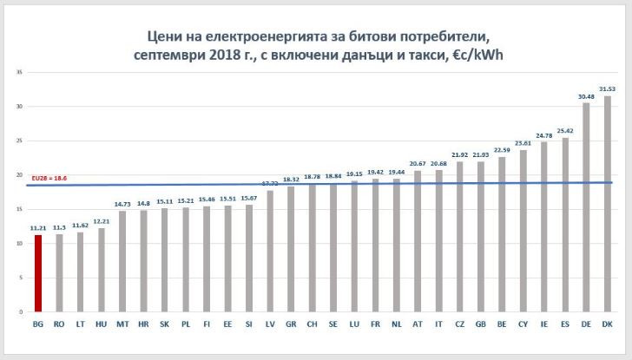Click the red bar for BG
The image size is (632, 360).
(x=38, y=273)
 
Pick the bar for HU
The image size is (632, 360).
(x=102, y=270)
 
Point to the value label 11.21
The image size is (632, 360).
(x=38, y=228)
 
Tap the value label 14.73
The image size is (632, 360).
(x=122, y=204)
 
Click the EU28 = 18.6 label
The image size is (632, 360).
(x=49, y=178)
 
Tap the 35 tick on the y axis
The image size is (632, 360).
(x=19, y=72)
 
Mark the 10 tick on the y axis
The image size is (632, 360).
(x=19, y=244)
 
